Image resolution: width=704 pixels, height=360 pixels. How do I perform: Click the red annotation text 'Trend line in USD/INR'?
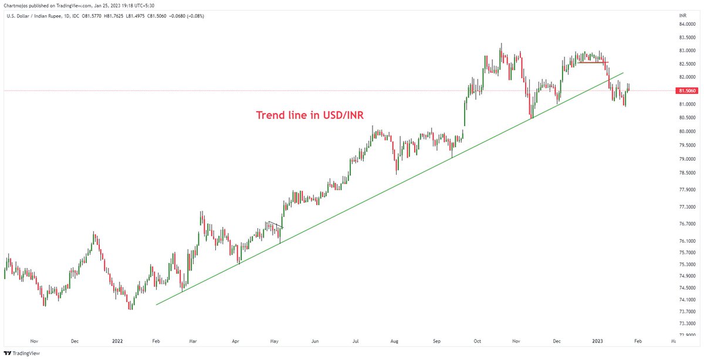point(310,115)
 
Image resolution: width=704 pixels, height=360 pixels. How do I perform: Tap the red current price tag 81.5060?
point(687,91)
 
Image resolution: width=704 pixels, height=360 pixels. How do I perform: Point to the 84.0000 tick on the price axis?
point(687,24)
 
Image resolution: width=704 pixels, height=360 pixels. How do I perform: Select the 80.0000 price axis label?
point(687,131)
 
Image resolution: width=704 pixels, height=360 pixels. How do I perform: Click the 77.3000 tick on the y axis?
point(687,207)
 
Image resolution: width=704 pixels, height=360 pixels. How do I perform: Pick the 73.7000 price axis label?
point(687,311)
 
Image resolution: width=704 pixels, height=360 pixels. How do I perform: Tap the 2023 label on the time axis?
point(597,341)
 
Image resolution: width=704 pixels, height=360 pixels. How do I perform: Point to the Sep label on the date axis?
point(437,341)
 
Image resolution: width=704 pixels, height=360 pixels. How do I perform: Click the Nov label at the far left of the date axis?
point(33,341)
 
